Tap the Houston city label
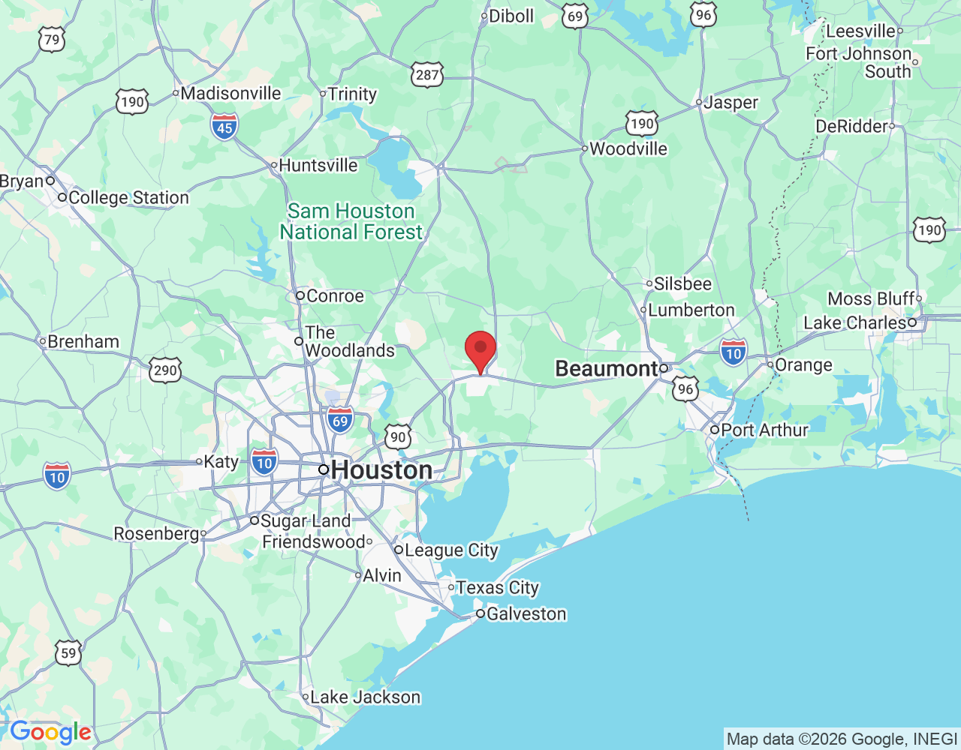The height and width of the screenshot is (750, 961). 381,470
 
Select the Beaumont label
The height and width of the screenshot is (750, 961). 607,368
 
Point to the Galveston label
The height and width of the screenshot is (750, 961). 526,614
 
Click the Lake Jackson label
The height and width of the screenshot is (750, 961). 365,697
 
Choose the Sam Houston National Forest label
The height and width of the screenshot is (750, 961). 351,222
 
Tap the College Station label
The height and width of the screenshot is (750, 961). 128,198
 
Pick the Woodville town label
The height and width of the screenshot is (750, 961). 628,148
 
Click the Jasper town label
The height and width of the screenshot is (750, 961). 731,103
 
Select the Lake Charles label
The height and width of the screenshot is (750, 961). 855,323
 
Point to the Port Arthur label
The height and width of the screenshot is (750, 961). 764,430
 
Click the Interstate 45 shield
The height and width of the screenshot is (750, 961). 224,127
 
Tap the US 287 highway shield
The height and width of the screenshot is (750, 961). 427,74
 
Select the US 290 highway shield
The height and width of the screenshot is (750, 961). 165,370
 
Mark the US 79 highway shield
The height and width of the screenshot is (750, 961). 52,40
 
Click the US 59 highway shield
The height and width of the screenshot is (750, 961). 68,652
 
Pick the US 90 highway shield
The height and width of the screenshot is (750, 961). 398,437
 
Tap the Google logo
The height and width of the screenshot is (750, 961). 50,732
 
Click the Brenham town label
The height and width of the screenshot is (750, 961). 83,342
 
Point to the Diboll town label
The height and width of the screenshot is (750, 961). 511,16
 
